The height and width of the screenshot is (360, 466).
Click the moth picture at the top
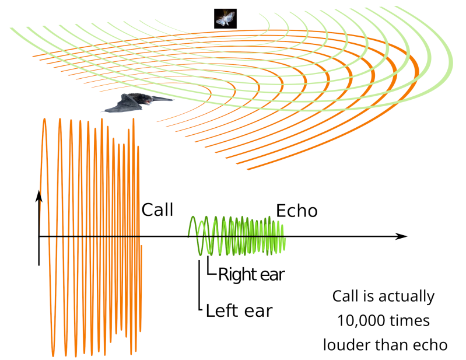coord(225,18)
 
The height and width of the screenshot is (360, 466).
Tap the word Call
coord(157,209)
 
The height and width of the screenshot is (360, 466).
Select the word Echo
coord(297,210)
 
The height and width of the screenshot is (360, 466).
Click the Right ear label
coord(251,274)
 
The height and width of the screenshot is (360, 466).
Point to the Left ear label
coord(239,310)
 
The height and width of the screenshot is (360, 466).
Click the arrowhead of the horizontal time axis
coord(401,236)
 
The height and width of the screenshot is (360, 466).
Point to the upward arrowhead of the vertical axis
coord(38,195)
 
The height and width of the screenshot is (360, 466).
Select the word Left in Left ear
coord(221,310)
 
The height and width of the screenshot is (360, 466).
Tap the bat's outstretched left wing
coord(119,106)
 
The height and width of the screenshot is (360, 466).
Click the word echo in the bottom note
coord(431,344)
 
